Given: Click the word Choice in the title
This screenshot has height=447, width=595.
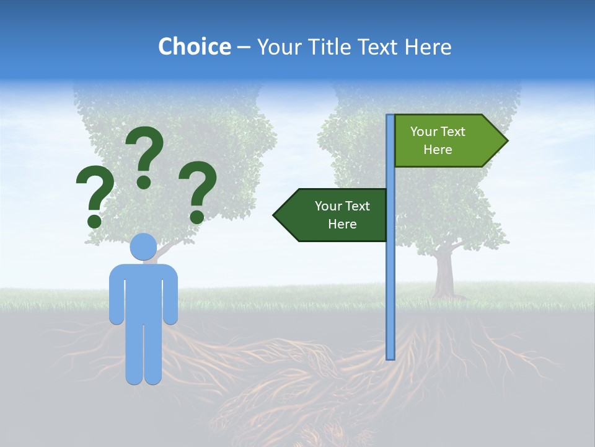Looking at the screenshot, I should [194, 47].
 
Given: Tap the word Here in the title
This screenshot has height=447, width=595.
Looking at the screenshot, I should [428, 47].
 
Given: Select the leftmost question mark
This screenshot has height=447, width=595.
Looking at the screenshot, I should [95, 192].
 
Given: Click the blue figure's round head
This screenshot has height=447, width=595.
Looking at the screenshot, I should [143, 247].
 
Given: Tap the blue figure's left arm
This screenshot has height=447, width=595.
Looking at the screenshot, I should [116, 295].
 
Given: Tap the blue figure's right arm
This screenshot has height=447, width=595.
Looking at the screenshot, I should [171, 295].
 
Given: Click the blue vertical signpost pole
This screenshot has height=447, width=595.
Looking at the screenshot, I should [390, 279].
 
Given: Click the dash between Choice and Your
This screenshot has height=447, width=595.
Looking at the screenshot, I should [244, 48].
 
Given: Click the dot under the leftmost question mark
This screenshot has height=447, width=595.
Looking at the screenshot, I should [94, 220].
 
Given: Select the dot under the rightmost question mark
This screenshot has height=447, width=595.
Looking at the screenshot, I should [196, 217].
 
